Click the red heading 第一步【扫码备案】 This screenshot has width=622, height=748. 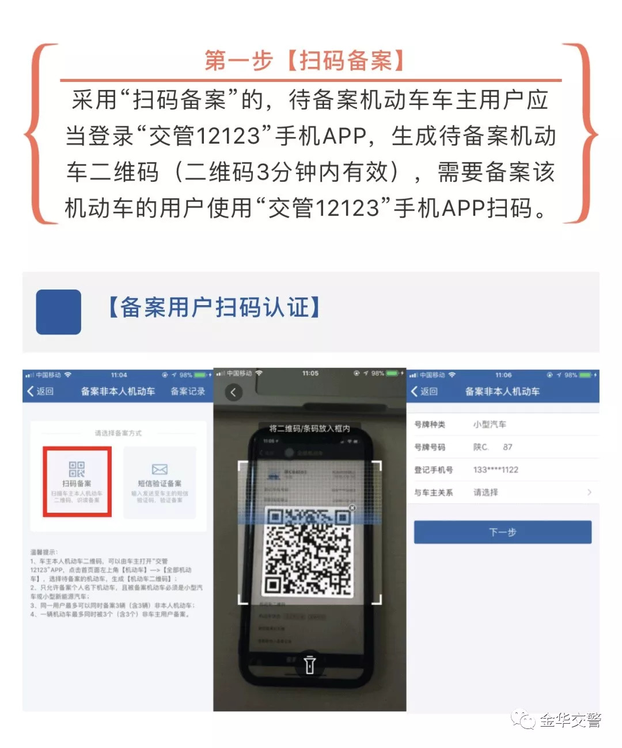pyautogui.click(x=305, y=61)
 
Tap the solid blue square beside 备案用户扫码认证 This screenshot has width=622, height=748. pyautogui.click(x=58, y=312)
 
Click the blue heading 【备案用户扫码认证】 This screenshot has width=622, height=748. pyautogui.click(x=214, y=307)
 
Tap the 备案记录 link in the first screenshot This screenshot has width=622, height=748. pyautogui.click(x=188, y=392)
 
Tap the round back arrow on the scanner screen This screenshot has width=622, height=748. pyautogui.click(x=233, y=393)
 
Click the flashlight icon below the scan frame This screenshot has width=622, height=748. pyautogui.click(x=310, y=664)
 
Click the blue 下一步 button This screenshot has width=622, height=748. pyautogui.click(x=502, y=532)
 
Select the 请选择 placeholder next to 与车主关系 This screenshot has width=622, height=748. pyautogui.click(x=486, y=493)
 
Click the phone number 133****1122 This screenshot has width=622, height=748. pyautogui.click(x=495, y=469)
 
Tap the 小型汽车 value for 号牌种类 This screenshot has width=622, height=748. pyautogui.click(x=490, y=424)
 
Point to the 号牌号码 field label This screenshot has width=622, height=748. pyautogui.click(x=430, y=447)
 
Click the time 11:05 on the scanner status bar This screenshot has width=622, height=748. pyautogui.click(x=310, y=373)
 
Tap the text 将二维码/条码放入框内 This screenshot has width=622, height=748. pyautogui.click(x=309, y=428)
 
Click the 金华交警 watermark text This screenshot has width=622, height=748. pyautogui.click(x=570, y=720)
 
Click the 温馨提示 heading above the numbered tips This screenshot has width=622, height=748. pyautogui.click(x=44, y=552)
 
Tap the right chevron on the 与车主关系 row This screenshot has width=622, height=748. pyautogui.click(x=589, y=493)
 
